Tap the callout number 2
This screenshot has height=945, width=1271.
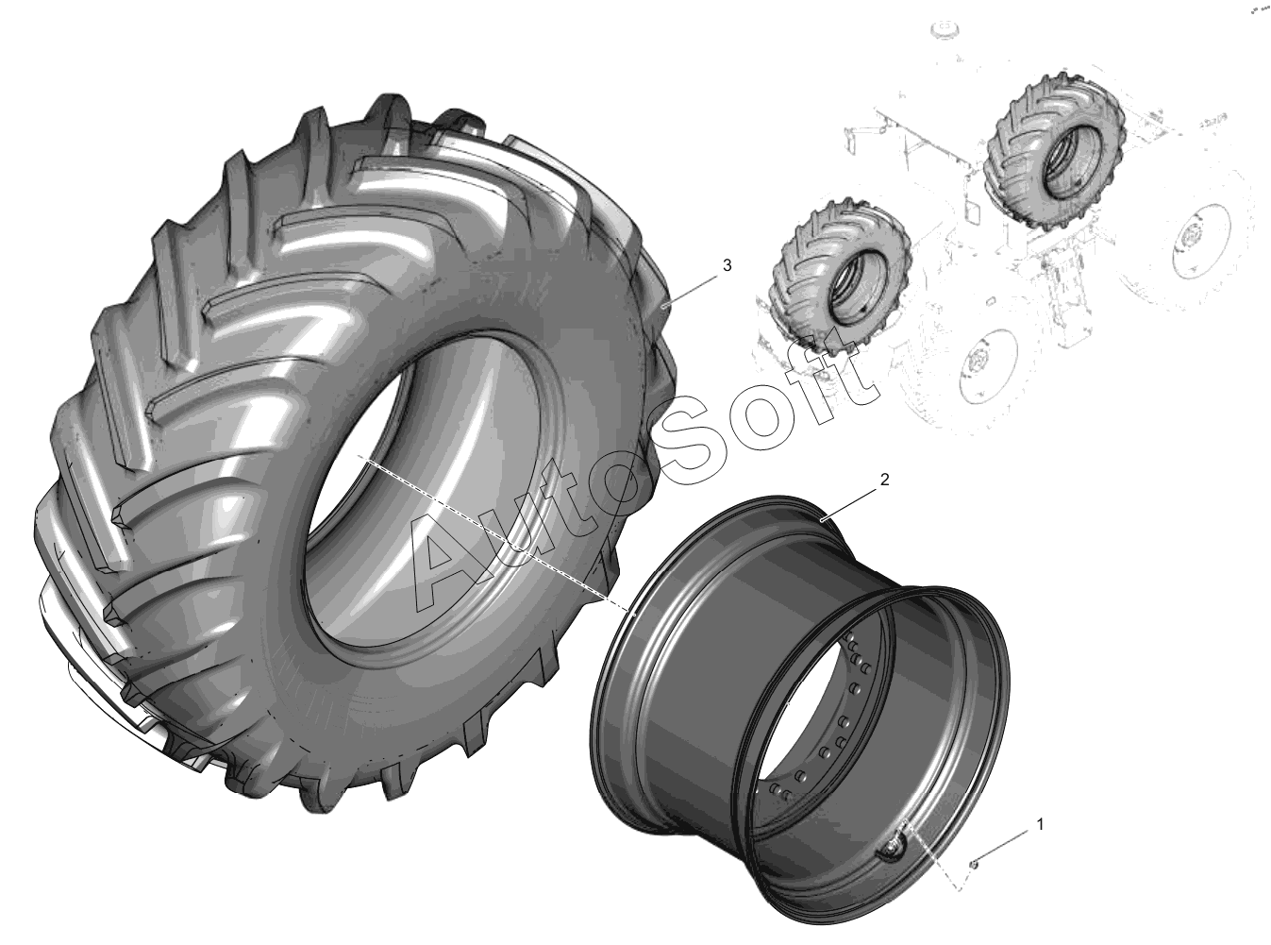(884, 480)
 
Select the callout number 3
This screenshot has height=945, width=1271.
(727, 265)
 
